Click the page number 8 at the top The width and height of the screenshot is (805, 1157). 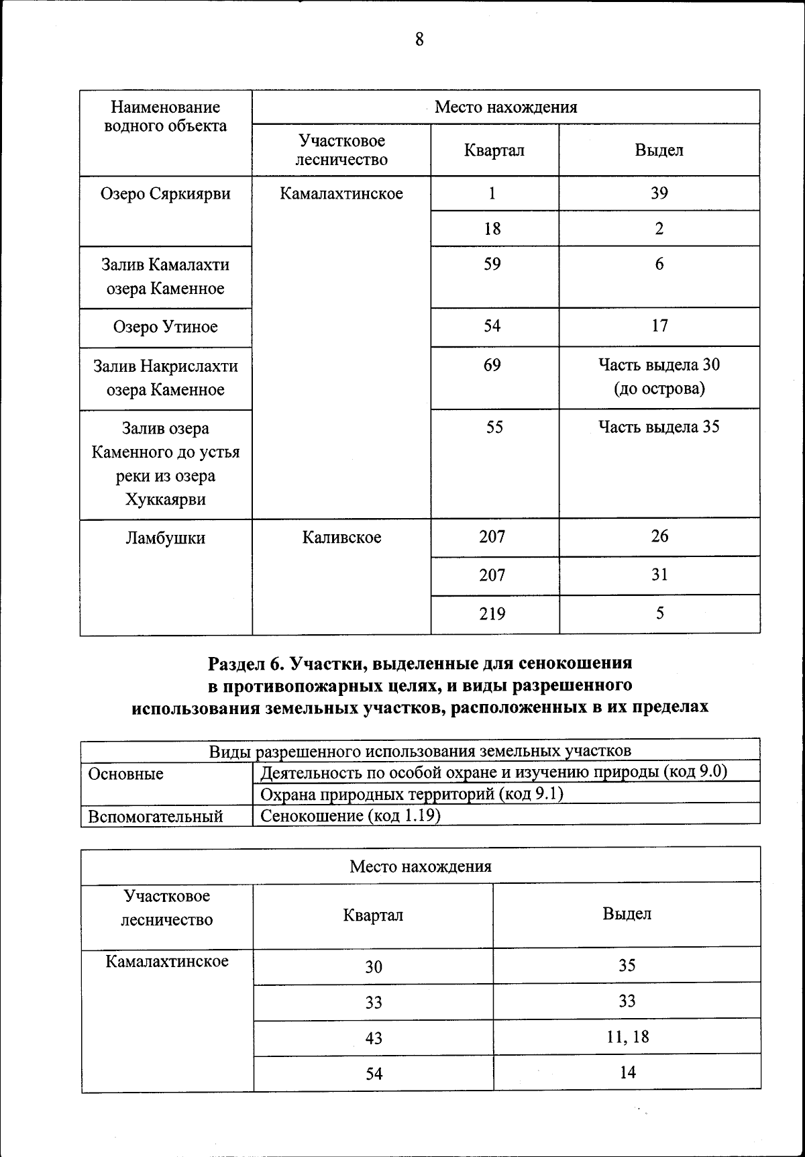click(x=419, y=40)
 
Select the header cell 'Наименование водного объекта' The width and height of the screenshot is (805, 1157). click(x=165, y=117)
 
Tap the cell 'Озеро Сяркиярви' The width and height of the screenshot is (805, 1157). click(x=165, y=194)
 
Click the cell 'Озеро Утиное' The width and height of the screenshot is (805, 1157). click(x=165, y=328)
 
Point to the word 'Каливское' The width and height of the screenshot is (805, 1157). click(x=341, y=538)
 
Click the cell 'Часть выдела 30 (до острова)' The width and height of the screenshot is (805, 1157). click(x=659, y=376)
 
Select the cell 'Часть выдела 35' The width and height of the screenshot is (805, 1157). click(x=659, y=427)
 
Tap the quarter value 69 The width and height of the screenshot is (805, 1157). click(x=492, y=365)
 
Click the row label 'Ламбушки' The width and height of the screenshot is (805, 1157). click(x=165, y=538)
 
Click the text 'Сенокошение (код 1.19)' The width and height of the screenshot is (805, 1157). click(x=350, y=815)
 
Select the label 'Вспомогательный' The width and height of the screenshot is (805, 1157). click(x=156, y=816)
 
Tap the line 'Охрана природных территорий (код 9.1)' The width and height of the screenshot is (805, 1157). click(x=411, y=794)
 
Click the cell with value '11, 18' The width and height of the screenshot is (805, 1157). click(x=627, y=1037)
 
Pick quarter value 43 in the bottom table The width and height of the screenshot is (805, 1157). click(x=374, y=1038)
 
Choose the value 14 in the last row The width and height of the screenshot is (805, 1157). click(x=627, y=1072)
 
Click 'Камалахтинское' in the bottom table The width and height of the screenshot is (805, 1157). click(x=167, y=961)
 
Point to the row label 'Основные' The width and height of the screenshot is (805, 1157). click(x=126, y=774)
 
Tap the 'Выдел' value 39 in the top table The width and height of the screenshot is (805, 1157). click(x=659, y=193)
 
